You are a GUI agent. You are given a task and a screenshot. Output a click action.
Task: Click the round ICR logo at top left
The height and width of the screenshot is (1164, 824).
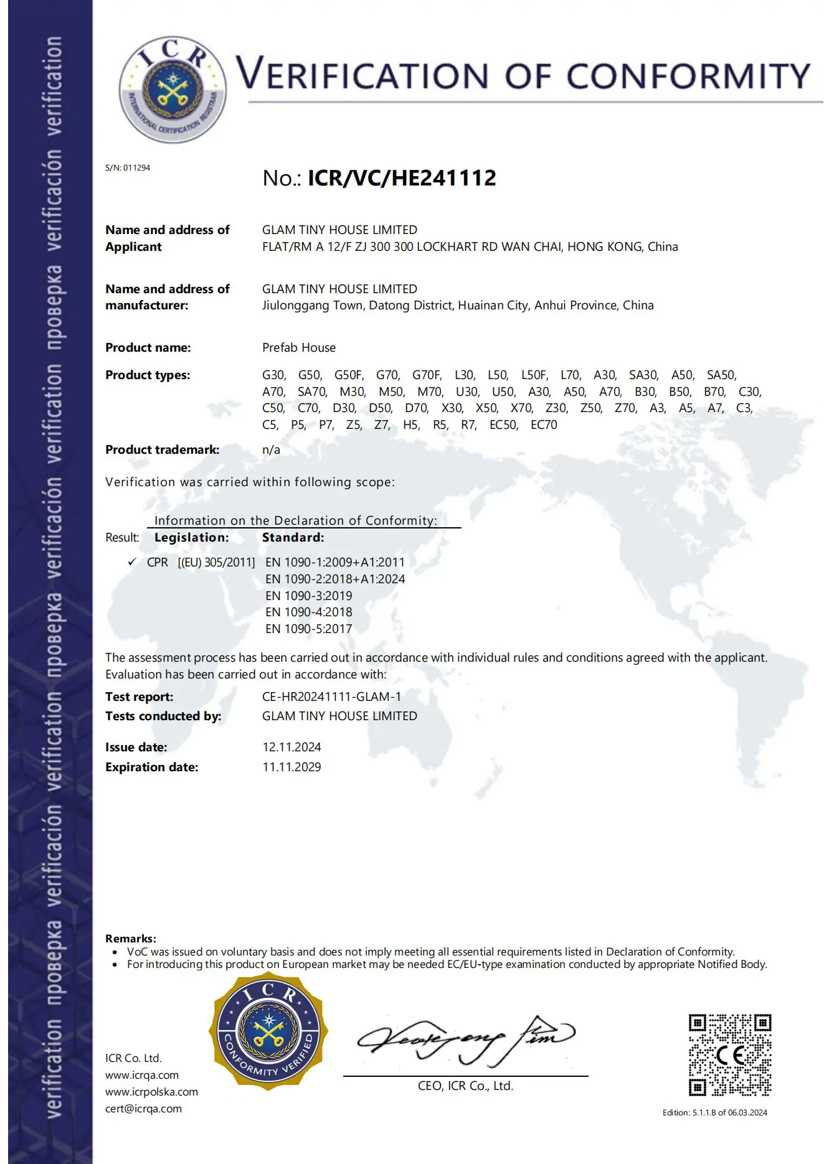173,90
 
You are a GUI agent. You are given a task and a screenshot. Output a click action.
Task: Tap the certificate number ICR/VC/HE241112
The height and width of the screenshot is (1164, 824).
402,178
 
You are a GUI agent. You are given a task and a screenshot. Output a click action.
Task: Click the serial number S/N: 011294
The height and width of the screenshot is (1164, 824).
128,167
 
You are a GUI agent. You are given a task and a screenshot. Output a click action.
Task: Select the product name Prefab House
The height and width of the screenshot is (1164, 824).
298,347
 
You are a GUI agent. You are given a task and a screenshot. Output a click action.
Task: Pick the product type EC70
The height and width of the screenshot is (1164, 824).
544,425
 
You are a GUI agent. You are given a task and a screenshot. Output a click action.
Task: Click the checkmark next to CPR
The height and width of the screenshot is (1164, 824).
132,561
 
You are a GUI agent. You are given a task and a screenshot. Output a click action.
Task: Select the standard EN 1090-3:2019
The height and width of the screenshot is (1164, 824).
308,596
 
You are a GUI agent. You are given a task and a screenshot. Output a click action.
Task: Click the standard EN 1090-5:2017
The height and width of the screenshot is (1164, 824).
308,629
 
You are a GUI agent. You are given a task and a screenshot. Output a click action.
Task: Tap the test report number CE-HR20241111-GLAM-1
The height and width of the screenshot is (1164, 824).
331,697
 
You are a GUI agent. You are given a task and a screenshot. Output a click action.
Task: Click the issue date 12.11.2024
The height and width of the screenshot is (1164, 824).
291,747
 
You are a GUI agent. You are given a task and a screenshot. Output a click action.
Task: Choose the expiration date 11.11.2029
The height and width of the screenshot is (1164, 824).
291,767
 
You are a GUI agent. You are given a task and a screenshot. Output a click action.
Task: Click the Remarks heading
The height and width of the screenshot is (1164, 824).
131,938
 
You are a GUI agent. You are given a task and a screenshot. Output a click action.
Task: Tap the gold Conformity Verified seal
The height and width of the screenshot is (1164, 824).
268,1033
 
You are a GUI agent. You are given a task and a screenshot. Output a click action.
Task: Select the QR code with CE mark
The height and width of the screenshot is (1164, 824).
730,1055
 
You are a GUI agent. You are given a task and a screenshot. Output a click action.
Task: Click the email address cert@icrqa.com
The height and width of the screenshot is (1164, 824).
143,1109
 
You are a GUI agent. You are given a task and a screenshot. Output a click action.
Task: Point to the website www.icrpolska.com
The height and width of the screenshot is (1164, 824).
151,1092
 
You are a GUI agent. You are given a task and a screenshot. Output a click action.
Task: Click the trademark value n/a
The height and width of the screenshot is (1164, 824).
271,449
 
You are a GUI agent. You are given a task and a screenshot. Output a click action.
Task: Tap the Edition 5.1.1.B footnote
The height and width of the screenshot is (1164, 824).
714,1112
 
